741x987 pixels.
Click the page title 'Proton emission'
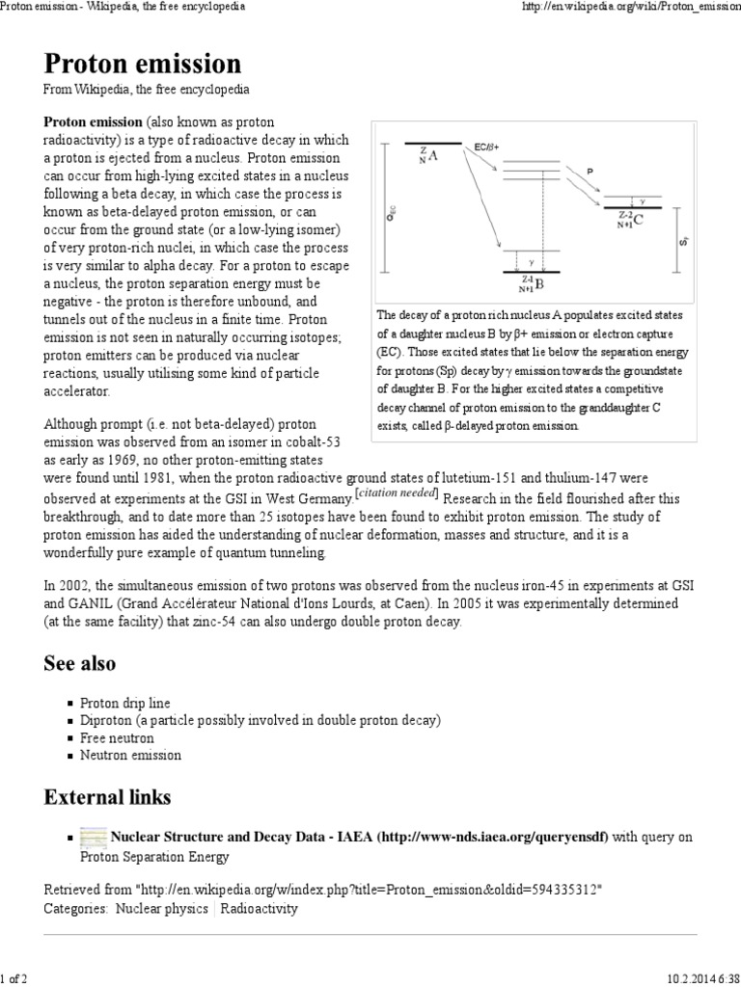(143, 64)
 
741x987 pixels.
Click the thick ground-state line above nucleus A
(432, 143)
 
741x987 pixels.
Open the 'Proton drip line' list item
(124, 703)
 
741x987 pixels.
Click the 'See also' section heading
(79, 663)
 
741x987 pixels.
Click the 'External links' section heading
(107, 797)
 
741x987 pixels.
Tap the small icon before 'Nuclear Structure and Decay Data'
(94, 837)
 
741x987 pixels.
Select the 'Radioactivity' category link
(261, 908)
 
